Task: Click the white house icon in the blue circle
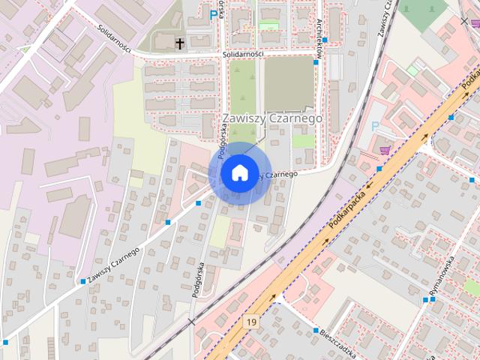(x=238, y=173)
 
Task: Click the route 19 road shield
(x=251, y=322)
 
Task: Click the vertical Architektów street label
(x=319, y=34)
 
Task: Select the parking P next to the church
(x=214, y=14)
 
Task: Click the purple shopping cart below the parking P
(x=385, y=150)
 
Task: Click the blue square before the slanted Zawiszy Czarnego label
(x=82, y=281)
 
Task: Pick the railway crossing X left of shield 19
(x=192, y=321)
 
